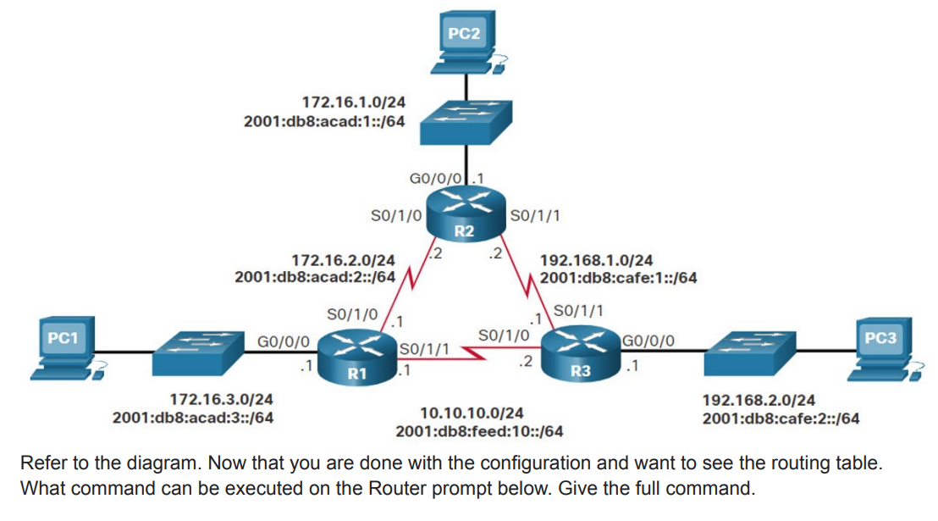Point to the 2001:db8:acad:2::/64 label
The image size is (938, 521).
point(315,276)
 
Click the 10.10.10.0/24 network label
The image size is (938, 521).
point(472,413)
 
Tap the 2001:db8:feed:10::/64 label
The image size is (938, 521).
point(479,432)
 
